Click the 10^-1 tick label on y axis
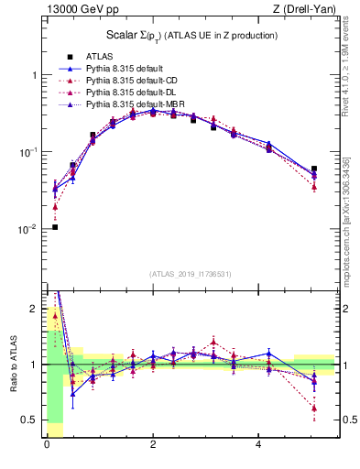click(29, 152)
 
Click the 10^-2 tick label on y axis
click(29, 229)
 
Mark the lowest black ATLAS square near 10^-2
click(55, 226)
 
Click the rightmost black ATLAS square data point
click(314, 169)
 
